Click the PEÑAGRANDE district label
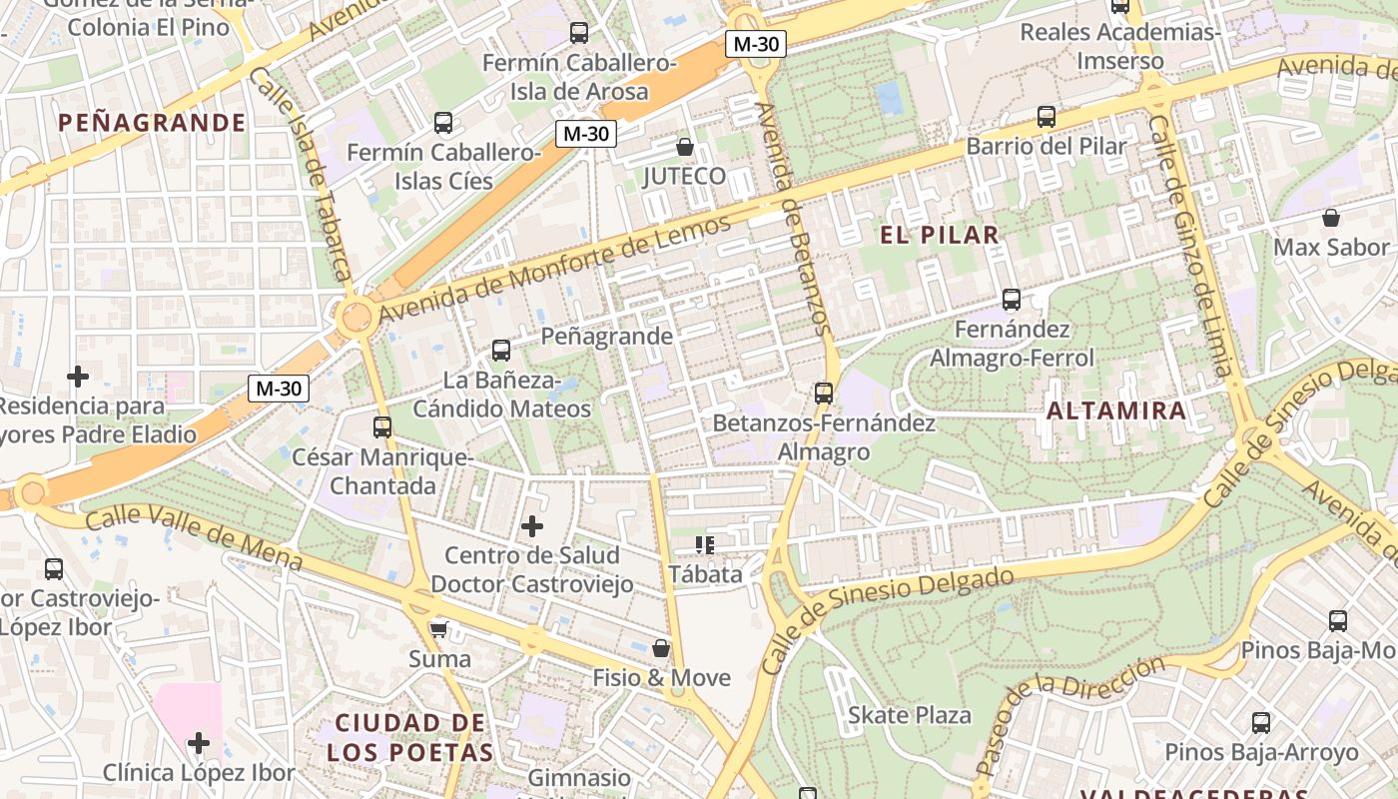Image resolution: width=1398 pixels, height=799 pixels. (x=152, y=123)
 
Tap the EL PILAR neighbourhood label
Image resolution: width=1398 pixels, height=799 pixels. (x=939, y=236)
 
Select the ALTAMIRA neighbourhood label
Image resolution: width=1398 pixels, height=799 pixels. (x=1116, y=410)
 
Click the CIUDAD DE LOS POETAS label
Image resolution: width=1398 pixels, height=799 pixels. (x=413, y=737)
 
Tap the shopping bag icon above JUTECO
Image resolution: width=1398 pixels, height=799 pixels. (x=685, y=147)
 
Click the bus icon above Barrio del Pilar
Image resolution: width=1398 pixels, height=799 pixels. (x=1046, y=116)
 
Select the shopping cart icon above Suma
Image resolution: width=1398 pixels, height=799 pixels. (x=437, y=629)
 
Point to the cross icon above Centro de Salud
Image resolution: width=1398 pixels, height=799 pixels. (x=532, y=525)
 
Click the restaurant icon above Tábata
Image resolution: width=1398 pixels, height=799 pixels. (x=705, y=545)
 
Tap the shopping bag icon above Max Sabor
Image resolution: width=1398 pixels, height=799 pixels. (x=1330, y=217)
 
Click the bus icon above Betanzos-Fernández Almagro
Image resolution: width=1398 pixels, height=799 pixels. (x=824, y=393)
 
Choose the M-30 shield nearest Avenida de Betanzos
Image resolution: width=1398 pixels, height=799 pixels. (x=756, y=44)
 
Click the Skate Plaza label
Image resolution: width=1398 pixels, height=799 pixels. (x=909, y=715)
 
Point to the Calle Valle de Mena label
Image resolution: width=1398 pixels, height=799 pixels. (x=194, y=537)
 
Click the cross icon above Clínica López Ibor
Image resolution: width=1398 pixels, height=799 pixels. (x=199, y=743)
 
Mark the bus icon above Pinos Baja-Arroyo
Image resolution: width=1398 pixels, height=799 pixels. (x=1261, y=722)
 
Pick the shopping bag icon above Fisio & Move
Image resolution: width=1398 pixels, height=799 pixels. (x=660, y=648)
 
